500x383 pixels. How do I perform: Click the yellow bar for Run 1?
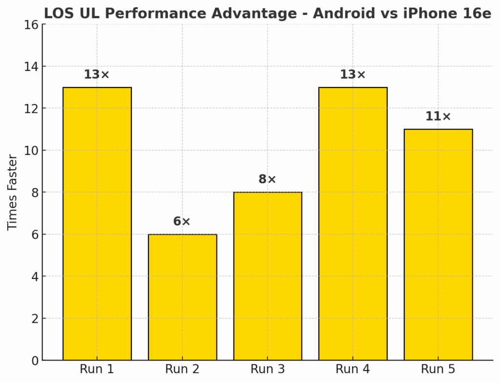click(97, 224)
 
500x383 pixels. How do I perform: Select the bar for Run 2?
click(182, 297)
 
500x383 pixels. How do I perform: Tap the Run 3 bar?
click(268, 276)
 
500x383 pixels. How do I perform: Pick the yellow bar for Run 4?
click(353, 224)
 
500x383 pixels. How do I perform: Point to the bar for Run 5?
click(438, 244)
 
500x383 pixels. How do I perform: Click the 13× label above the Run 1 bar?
click(97, 75)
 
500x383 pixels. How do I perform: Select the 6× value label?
click(182, 222)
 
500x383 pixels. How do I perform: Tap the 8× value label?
click(268, 180)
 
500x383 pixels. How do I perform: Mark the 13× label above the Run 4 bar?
click(353, 75)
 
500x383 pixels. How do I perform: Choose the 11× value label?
click(438, 117)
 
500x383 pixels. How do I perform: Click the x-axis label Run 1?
click(97, 369)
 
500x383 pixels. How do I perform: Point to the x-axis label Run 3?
click(268, 369)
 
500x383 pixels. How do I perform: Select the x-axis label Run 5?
click(438, 369)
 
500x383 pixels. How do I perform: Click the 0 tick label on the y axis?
click(34, 361)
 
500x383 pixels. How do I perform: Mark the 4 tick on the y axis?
click(34, 277)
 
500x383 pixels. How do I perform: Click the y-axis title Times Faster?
click(13, 192)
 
